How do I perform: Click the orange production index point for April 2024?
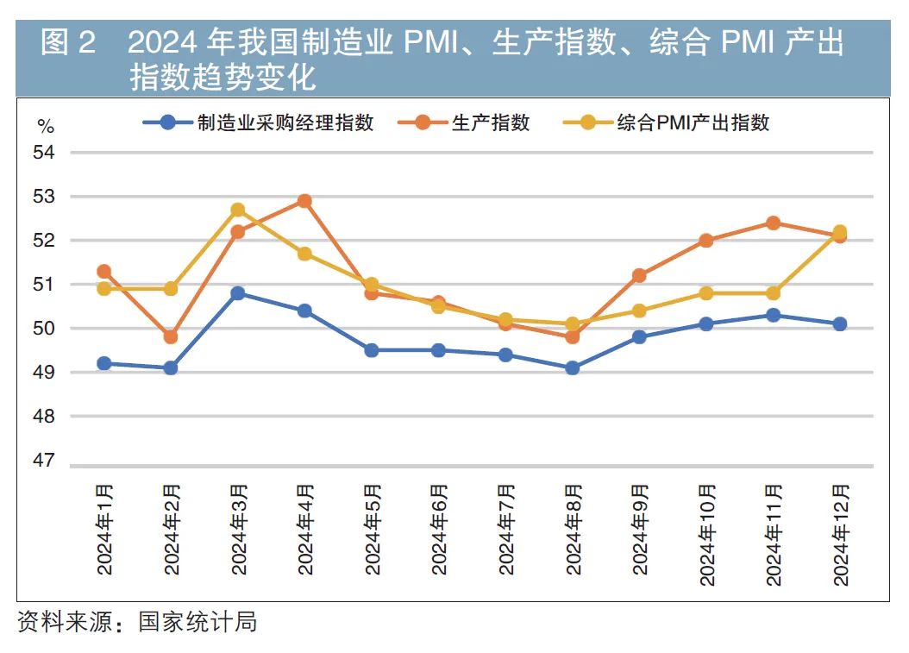[304, 201]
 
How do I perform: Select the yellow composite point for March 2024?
[238, 210]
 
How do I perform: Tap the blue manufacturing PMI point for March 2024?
[238, 293]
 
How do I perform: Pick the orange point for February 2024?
[171, 336]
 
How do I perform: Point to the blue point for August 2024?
[572, 367]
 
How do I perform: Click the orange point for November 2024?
[773, 223]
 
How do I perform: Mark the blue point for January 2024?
[103, 363]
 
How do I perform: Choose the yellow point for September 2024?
[639, 311]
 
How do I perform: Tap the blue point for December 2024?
[839, 323]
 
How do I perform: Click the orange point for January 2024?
[103, 271]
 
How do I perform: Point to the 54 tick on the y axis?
[44, 153]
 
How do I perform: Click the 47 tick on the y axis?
[44, 461]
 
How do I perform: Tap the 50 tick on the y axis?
[44, 329]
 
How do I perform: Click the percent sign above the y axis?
[46, 127]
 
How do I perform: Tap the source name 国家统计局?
[197, 621]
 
